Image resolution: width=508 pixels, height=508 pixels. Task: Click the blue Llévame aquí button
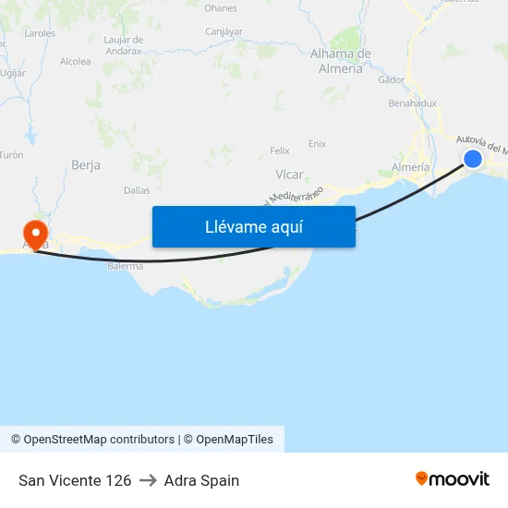(x=254, y=226)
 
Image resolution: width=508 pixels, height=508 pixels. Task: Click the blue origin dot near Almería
(x=472, y=159)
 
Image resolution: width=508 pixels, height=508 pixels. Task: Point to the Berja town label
(x=86, y=165)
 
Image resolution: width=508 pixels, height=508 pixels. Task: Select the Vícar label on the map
(x=289, y=174)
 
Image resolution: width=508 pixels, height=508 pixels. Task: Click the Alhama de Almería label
(x=341, y=61)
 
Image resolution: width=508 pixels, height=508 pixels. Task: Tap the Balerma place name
(x=126, y=266)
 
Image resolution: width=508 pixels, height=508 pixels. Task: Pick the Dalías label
(x=137, y=190)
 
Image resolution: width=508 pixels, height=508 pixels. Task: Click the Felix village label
(x=280, y=151)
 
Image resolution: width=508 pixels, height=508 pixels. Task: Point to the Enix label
(x=317, y=143)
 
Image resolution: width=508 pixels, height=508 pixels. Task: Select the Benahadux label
(x=412, y=103)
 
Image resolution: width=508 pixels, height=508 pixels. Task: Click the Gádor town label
(x=391, y=79)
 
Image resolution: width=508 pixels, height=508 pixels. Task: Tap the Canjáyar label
(x=224, y=31)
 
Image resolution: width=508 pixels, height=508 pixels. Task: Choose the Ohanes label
(x=221, y=8)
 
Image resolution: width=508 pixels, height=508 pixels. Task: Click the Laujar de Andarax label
(x=124, y=45)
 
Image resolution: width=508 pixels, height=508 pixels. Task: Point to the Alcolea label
(x=76, y=62)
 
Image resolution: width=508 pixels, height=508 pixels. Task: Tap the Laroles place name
(x=41, y=32)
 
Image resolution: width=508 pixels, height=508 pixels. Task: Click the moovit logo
(x=453, y=479)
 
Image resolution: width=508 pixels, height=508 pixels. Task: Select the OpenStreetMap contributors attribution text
(x=99, y=440)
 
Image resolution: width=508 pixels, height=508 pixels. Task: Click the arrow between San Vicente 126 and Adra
(x=148, y=480)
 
